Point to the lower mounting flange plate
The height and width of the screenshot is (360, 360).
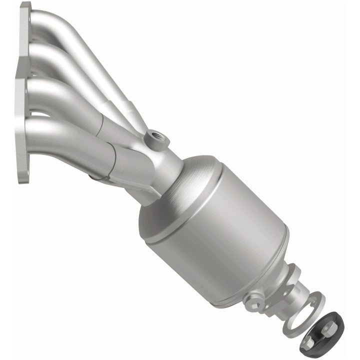22,135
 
